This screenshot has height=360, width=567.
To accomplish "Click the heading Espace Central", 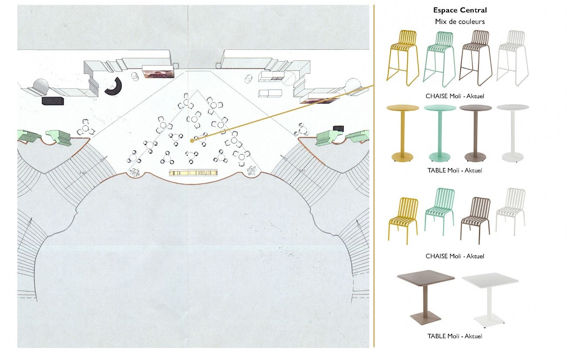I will pyautogui.click(x=460, y=10).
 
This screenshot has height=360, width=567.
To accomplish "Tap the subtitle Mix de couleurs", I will pyautogui.click(x=460, y=21).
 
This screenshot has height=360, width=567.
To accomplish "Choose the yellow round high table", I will pyautogui.click(x=402, y=133).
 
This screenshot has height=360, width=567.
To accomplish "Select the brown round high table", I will pyautogui.click(x=475, y=133).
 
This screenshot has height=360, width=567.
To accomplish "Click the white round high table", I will pyautogui.click(x=512, y=133).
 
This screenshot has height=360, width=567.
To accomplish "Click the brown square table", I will pyautogui.click(x=425, y=297).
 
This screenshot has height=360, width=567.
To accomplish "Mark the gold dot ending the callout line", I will pyautogui.click(x=192, y=141).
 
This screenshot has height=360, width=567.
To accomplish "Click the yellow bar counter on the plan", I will pyautogui.click(x=192, y=173).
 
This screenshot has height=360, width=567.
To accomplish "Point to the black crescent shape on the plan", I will pyautogui.click(x=114, y=86).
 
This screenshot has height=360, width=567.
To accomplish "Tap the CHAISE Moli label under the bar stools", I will pyautogui.click(x=455, y=96).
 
